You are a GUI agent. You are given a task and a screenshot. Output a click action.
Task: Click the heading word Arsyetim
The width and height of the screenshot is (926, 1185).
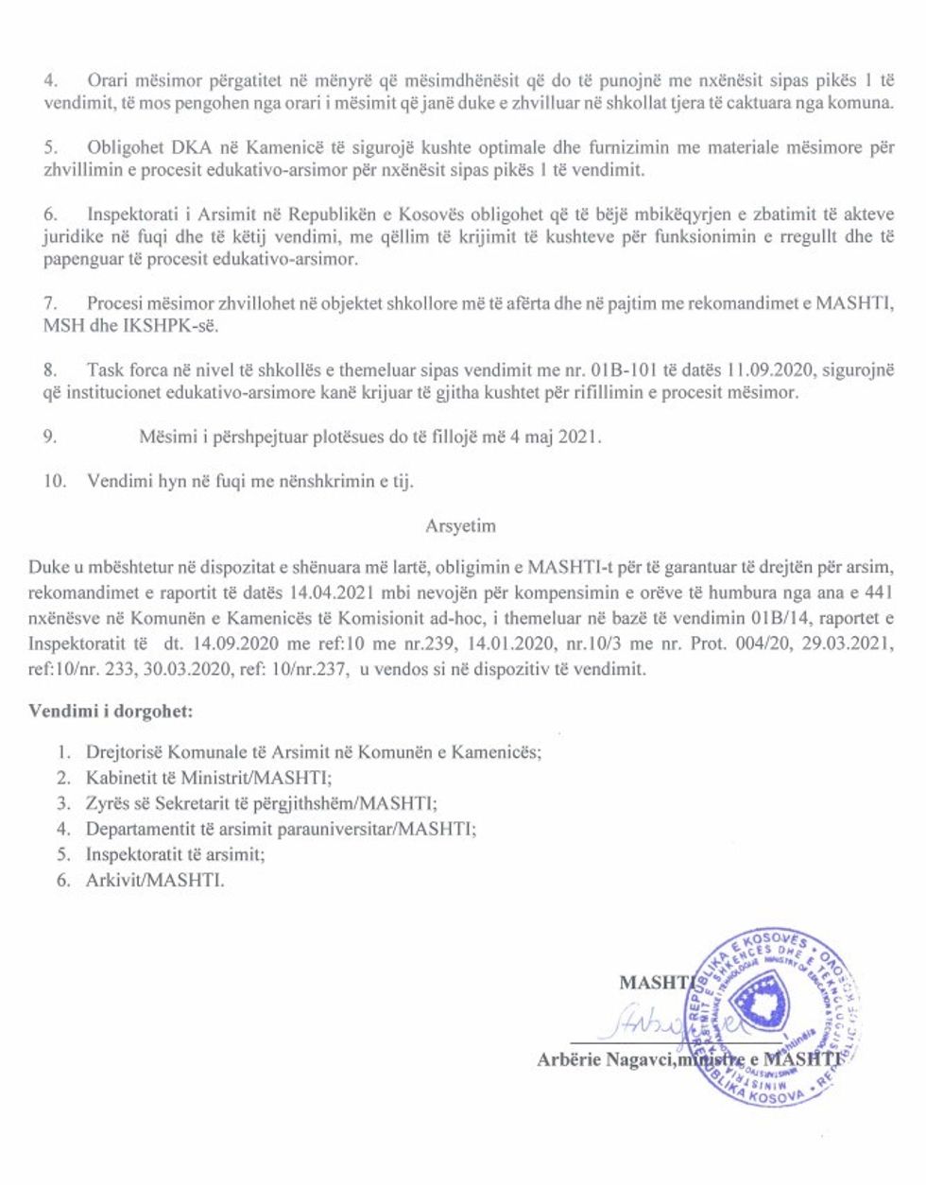[460, 525]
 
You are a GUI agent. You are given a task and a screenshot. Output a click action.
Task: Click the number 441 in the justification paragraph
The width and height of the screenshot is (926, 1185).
[878, 592]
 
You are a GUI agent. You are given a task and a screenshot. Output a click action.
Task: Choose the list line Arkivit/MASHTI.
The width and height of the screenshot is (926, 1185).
[155, 880]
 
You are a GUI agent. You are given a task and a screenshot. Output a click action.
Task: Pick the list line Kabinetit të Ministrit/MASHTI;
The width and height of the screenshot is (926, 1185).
[209, 778]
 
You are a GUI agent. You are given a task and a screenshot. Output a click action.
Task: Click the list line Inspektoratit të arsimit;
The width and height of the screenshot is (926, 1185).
[175, 854]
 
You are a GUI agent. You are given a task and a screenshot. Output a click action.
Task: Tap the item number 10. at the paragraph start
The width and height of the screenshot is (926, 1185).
[55, 481]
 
